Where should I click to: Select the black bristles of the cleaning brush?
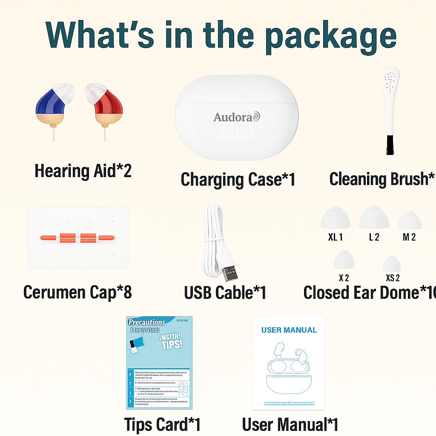tap(390, 145)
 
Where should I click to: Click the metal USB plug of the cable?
tap(229, 269)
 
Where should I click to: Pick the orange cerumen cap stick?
tap(78, 237)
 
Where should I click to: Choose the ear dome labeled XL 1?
tap(336, 218)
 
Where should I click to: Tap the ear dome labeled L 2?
tap(374, 218)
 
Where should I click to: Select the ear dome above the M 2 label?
tap(410, 220)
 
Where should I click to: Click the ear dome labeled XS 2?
tap(392, 264)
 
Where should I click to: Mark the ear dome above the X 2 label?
tap(344, 260)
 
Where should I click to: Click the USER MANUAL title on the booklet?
tap(289, 330)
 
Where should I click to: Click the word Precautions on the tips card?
tap(147, 322)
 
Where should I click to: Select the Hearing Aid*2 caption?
tap(83, 171)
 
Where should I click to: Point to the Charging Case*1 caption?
tap(238, 179)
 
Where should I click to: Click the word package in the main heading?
tap(331, 35)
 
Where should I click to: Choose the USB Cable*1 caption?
tap(225, 293)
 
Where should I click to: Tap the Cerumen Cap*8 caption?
tap(77, 293)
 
